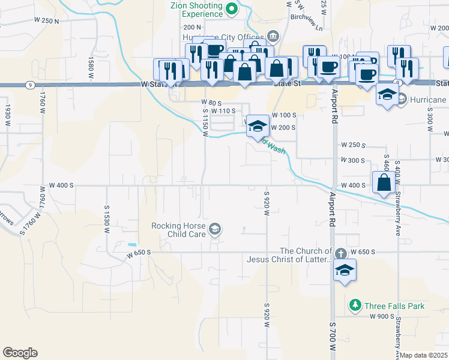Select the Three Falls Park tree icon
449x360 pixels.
(x=355, y=306)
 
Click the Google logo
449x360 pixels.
(x=20, y=353)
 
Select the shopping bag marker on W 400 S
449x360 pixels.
(x=384, y=183)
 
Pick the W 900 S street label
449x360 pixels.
(x=382, y=316)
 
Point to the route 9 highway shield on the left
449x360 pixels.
(x=30, y=85)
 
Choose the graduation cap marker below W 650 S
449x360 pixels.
(x=345, y=271)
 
